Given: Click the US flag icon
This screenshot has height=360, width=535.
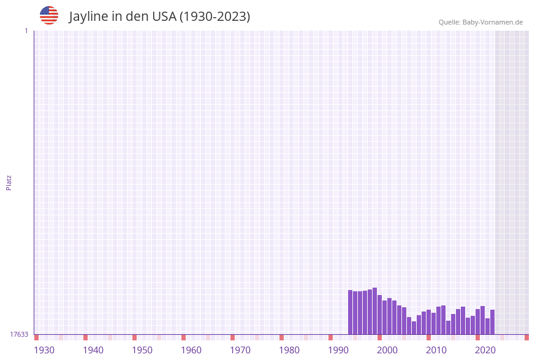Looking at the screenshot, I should tap(49, 15).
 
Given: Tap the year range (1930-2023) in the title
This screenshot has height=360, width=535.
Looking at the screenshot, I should tap(214, 17).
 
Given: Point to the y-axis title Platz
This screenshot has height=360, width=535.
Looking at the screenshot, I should tap(9, 182).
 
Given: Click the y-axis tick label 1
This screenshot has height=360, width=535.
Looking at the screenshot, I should tap(26, 31).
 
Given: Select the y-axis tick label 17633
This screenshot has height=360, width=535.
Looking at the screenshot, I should tap(19, 334).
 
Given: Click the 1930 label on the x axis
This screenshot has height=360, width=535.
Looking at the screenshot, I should tap(44, 350).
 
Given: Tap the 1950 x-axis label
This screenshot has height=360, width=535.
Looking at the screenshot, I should tap(142, 350).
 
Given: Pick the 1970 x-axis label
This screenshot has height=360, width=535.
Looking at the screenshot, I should tap(240, 350).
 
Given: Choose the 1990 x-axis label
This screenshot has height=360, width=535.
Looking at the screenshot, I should tap(338, 350).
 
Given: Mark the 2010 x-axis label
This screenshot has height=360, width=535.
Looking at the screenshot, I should tap(436, 350).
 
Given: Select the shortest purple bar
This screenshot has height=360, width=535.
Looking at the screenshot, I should tap(414, 327).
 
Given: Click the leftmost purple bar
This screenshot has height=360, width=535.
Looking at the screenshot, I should tap(350, 312).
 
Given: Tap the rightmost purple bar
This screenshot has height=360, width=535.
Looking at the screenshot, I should tap(492, 322).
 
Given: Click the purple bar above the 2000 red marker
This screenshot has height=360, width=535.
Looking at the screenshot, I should tap(379, 315).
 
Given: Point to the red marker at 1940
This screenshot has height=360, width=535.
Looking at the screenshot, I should tap(85, 337).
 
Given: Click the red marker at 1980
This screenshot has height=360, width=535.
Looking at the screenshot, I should tap(281, 337).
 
